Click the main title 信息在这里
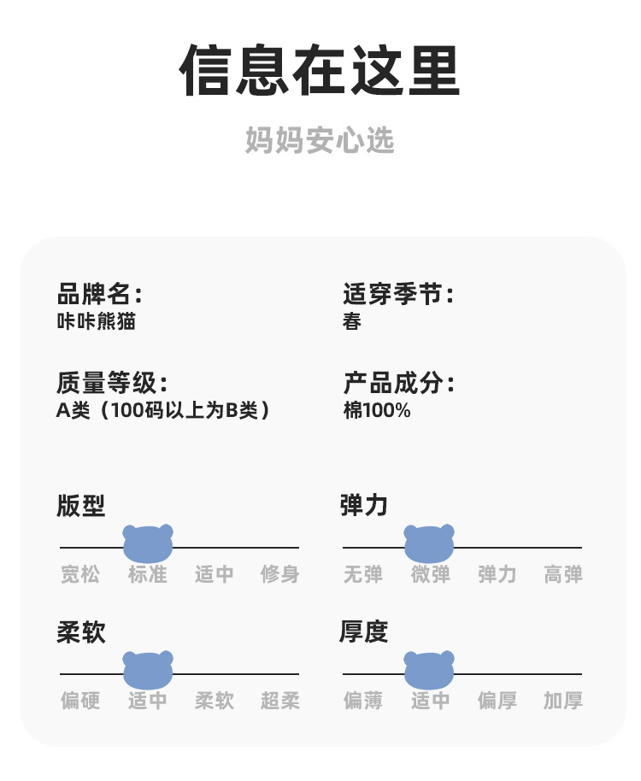pyautogui.click(x=320, y=71)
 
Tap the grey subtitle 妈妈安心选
pyautogui.click(x=320, y=140)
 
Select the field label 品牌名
pyautogui.click(x=98, y=295)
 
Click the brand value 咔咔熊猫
pyautogui.click(x=96, y=322)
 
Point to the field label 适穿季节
pyautogui.click(x=397, y=295)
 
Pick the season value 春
pyautogui.click(x=351, y=322)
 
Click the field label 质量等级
pyautogui.click(x=111, y=384)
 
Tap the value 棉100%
pyautogui.click(x=377, y=411)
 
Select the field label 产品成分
pyautogui.click(x=397, y=384)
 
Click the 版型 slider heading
pyautogui.click(x=81, y=506)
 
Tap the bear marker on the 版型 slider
pyautogui.click(x=148, y=544)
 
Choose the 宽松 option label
pyautogui.click(x=80, y=574)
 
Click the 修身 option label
pyautogui.click(x=280, y=574)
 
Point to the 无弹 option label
pyautogui.click(x=363, y=574)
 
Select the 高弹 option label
pyautogui.click(x=563, y=574)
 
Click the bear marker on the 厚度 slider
pyautogui.click(x=429, y=671)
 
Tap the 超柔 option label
pyautogui.click(x=280, y=702)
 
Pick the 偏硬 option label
pyautogui.click(x=80, y=702)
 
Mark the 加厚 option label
pyautogui.click(x=563, y=702)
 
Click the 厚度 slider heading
pyautogui.click(x=364, y=632)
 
